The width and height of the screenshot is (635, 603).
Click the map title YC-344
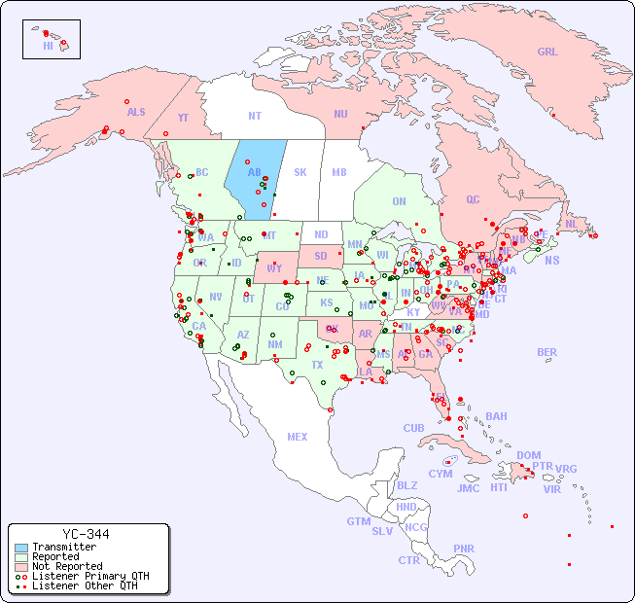86,534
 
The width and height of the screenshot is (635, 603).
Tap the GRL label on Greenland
547,52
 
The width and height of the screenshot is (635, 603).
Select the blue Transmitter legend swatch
21,548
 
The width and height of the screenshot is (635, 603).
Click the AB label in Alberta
255,172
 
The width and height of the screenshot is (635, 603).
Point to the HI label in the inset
48,45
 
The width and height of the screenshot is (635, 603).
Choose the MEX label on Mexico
297,437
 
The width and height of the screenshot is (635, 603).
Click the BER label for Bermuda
547,352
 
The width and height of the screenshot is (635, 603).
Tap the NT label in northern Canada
254,115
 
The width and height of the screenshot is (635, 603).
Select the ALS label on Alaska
136,112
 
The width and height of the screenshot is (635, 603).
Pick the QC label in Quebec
473,199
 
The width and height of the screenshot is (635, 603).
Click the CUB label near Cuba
413,428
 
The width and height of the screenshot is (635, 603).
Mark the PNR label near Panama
464,549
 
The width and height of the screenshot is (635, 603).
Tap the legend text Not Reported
66,566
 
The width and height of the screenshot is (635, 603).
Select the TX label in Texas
317,365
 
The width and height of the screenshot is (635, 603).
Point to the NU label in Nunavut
340,114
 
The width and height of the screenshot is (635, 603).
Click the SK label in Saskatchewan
300,172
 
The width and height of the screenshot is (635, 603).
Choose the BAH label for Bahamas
496,416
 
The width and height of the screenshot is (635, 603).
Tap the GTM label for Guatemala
358,521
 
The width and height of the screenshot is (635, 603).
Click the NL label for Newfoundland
571,224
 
